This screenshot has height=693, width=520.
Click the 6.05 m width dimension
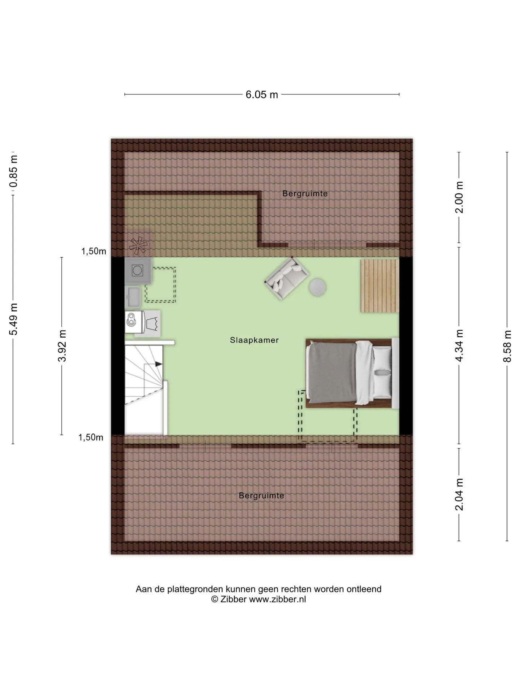point(262,95)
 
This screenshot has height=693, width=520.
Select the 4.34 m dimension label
point(459,345)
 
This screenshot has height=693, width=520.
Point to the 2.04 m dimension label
point(459,494)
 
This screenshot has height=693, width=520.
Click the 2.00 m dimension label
point(459,197)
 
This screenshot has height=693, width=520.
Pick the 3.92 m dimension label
point(62,345)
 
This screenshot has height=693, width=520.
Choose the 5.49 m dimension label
point(13,319)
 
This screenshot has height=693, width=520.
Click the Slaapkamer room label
point(254,340)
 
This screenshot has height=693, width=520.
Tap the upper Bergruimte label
point(305,193)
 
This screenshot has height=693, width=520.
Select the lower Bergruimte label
point(261,496)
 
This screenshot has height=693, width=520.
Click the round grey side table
point(318,288)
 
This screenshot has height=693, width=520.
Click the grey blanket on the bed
point(331,372)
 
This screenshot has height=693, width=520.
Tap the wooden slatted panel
point(380,286)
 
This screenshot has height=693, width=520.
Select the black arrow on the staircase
point(159,364)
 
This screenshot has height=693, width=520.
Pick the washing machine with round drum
point(138,270)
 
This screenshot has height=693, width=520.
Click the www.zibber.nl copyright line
point(259,599)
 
